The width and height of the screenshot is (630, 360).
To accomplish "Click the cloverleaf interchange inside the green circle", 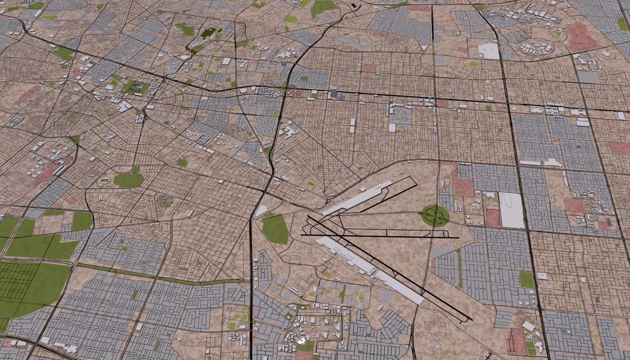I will click(435, 216).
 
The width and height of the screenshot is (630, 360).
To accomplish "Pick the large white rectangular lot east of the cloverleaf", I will click(512, 210).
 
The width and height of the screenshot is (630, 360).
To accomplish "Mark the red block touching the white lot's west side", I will click(493, 218).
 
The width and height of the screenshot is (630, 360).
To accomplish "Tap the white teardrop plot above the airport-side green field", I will click(261, 211).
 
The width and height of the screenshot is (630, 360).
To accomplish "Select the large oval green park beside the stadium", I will click(128, 180).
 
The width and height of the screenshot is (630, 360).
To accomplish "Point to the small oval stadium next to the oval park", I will click(105, 181).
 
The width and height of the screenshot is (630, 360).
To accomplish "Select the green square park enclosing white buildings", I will click(135, 87).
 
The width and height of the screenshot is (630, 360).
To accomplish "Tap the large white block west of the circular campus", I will click(489, 51).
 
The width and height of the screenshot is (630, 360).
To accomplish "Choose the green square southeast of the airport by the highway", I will click(526, 279).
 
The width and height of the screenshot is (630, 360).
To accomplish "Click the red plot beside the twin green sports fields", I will click(514, 341).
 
